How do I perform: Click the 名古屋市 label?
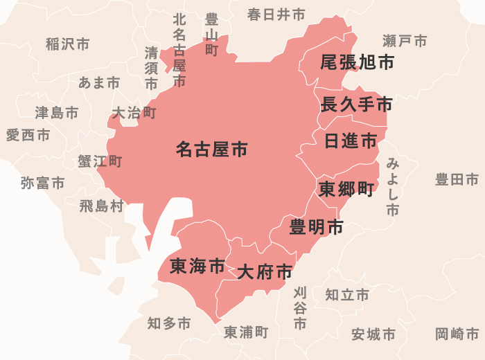[x=211, y=150]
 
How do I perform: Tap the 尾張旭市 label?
[x=357, y=63]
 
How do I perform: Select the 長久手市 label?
[x=357, y=105]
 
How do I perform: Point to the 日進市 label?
[x=351, y=142]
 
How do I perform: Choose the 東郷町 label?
[x=346, y=189]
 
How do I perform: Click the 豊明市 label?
[x=317, y=226]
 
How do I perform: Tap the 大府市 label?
[x=265, y=272]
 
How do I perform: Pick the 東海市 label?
[x=197, y=266]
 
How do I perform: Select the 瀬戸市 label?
[x=405, y=41]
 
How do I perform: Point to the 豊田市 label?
[x=457, y=180]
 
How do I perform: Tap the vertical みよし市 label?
[x=393, y=187]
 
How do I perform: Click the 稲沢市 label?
[x=67, y=44]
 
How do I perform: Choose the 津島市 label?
[x=57, y=112]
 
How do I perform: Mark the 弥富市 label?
[x=42, y=183]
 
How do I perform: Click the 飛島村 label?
[x=101, y=206]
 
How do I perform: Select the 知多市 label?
[x=169, y=323]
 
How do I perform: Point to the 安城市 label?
[x=373, y=335]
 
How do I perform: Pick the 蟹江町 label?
[x=100, y=161]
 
